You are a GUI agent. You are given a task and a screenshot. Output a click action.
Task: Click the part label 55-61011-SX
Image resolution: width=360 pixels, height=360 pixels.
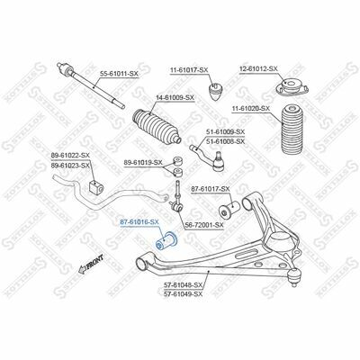[x=119, y=74]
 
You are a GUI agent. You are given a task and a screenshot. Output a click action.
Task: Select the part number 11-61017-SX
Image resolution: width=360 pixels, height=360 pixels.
[x=189, y=70]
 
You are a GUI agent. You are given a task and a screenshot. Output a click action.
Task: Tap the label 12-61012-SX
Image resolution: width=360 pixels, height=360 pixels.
[x=258, y=68]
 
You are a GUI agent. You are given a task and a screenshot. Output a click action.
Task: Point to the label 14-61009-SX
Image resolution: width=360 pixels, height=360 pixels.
[x=175, y=98]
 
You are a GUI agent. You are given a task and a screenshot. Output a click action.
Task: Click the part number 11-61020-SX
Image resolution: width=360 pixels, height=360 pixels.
[x=251, y=108]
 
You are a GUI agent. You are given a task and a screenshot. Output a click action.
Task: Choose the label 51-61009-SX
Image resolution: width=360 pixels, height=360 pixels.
[x=225, y=131]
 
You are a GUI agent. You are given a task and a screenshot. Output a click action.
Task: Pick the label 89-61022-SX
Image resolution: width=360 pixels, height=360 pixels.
[x=70, y=156]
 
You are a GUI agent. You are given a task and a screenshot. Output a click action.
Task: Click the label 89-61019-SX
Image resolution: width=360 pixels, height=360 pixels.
[x=143, y=162]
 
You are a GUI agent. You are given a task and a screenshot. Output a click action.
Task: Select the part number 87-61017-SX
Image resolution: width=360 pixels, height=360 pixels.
[x=211, y=189]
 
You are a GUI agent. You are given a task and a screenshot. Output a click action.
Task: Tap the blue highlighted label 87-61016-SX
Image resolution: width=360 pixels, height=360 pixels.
[x=139, y=222]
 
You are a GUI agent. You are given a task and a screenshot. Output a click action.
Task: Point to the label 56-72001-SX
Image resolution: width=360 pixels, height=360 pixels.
[x=204, y=225]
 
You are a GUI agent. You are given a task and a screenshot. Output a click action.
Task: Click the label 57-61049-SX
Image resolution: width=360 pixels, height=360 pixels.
[x=184, y=294]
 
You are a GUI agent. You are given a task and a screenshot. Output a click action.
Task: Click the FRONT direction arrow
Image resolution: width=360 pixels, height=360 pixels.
[x=91, y=265]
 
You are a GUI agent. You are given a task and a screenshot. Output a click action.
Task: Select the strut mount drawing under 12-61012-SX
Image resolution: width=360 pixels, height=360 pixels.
[x=292, y=86]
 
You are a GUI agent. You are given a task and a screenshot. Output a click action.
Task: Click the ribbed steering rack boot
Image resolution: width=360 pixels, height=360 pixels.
[x=157, y=126]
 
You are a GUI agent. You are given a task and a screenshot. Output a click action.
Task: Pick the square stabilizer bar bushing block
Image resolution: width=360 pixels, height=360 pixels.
[x=96, y=187]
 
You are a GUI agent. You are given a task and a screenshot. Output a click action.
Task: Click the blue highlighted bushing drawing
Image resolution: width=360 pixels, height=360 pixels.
[x=167, y=240]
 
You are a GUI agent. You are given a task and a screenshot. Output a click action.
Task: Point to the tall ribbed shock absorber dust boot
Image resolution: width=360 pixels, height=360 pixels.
[x=291, y=129]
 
